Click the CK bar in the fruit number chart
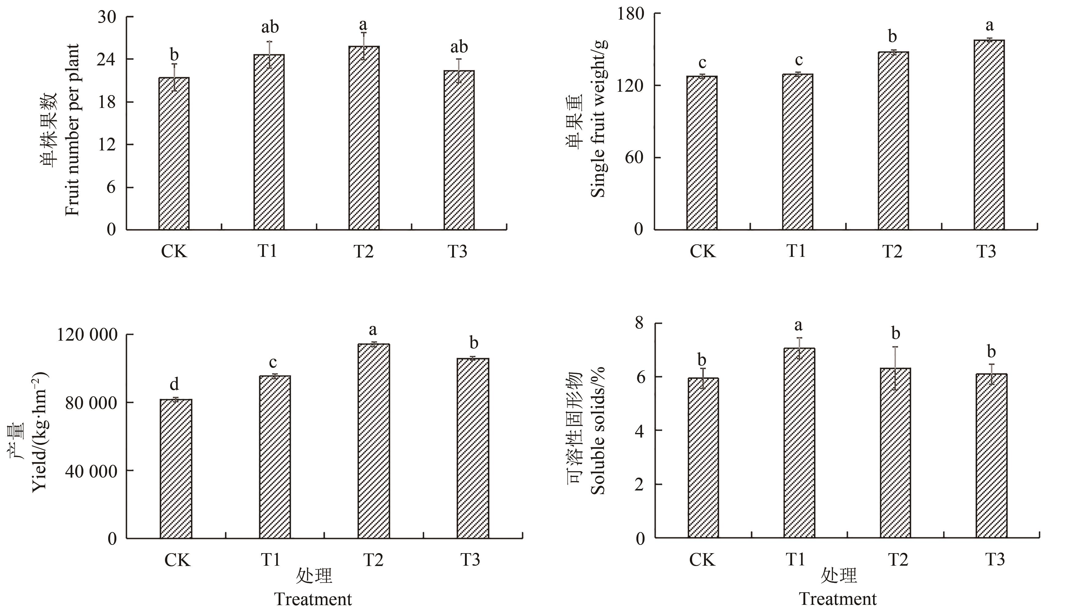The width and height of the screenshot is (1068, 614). [x=174, y=153]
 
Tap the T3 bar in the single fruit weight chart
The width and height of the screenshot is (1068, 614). [x=989, y=135]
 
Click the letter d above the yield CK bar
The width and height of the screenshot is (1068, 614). [x=174, y=384]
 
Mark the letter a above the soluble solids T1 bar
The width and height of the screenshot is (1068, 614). [x=798, y=325]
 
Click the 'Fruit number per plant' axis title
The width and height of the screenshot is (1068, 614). [x=72, y=130]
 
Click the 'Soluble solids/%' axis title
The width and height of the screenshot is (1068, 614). [x=598, y=430]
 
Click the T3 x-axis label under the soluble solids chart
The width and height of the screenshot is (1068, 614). [x=995, y=560]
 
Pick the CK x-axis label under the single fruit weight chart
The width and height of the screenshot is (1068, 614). [x=702, y=251]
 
